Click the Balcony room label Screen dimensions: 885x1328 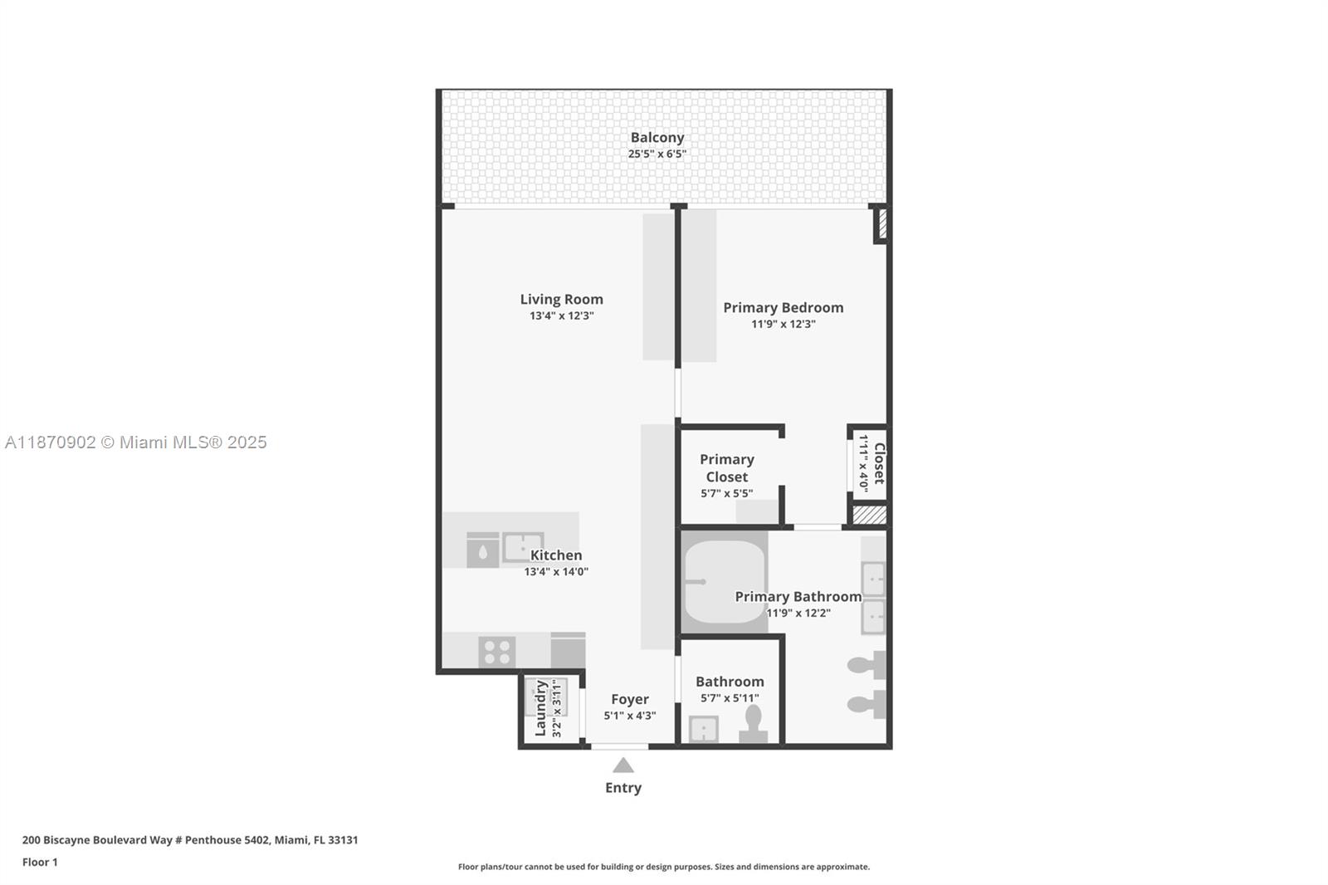pyautogui.click(x=657, y=138)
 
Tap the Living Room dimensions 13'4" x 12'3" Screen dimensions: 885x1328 pyautogui.click(x=561, y=316)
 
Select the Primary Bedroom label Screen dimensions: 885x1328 pyautogui.click(x=783, y=307)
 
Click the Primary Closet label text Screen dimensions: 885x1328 pyautogui.click(x=726, y=467)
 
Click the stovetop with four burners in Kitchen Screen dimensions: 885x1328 pyautogui.click(x=496, y=652)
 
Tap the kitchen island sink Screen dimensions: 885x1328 pyautogui.click(x=522, y=548)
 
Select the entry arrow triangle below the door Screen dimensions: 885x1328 pyautogui.click(x=622, y=765)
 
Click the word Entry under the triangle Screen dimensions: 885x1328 pyautogui.click(x=622, y=788)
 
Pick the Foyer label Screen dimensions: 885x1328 pyautogui.click(x=629, y=699)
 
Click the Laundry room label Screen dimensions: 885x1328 pyautogui.click(x=540, y=708)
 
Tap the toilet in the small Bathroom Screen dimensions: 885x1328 pyautogui.click(x=753, y=724)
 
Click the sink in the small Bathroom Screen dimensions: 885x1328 pyautogui.click(x=704, y=730)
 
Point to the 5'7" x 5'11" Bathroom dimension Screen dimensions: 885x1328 pyautogui.click(x=730, y=698)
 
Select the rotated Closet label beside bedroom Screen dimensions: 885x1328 pyautogui.click(x=879, y=463)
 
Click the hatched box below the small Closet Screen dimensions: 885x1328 pyautogui.click(x=869, y=516)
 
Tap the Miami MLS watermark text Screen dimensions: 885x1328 pyautogui.click(x=136, y=442)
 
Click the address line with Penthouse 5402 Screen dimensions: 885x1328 pyautogui.click(x=190, y=839)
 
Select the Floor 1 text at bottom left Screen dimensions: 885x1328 pyautogui.click(x=40, y=862)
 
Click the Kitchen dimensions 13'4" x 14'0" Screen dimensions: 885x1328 pyautogui.click(x=555, y=571)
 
